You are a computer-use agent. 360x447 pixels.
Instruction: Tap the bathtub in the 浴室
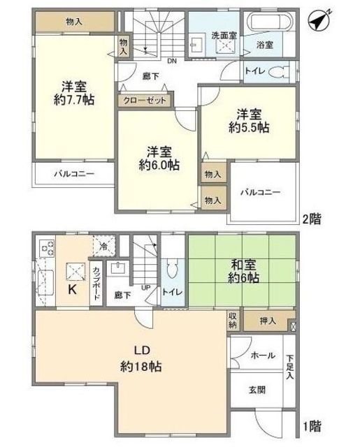pyautogui.click(x=271, y=22)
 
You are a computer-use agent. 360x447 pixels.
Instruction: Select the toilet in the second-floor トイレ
pyautogui.click(x=278, y=72)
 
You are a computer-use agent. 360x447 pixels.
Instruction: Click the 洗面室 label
pyautogui.click(x=224, y=36)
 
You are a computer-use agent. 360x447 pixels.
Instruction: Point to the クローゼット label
pyautogui.click(x=144, y=101)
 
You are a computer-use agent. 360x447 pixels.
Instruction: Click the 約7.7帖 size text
pyautogui.click(x=74, y=100)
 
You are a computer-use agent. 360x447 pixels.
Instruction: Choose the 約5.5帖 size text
pyautogui.click(x=249, y=128)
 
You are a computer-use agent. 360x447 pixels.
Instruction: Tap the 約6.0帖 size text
pyautogui.click(x=159, y=165)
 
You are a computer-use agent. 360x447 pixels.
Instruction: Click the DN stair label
pyautogui.click(x=172, y=61)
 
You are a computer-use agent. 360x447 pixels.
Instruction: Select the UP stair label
pyautogui.click(x=146, y=288)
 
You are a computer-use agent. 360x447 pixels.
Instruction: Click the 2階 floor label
pyautogui.click(x=312, y=219)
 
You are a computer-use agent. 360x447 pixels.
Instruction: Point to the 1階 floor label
pyautogui.click(x=312, y=426)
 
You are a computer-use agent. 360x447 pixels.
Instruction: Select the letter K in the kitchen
pyautogui.click(x=72, y=290)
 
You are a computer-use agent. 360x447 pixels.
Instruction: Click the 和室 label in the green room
pyautogui.click(x=243, y=265)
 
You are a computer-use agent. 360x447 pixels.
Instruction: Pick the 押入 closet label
pyautogui.click(x=268, y=321)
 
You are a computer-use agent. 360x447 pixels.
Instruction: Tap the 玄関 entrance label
pyautogui.click(x=257, y=390)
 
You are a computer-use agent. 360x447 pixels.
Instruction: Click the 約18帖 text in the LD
pyautogui.click(x=141, y=366)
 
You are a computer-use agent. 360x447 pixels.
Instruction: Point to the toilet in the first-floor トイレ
pyautogui.click(x=172, y=268)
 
